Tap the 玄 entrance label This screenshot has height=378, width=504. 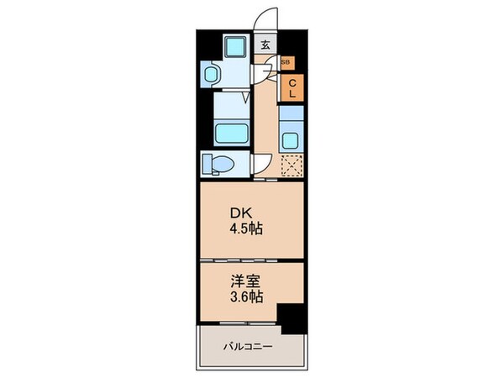(x=265, y=45)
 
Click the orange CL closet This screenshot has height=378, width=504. (x=292, y=88)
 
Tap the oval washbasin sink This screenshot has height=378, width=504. (x=210, y=76)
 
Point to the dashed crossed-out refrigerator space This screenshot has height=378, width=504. (x=291, y=167)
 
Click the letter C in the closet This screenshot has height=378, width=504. (x=292, y=82)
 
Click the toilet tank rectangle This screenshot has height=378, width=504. (x=205, y=162)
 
